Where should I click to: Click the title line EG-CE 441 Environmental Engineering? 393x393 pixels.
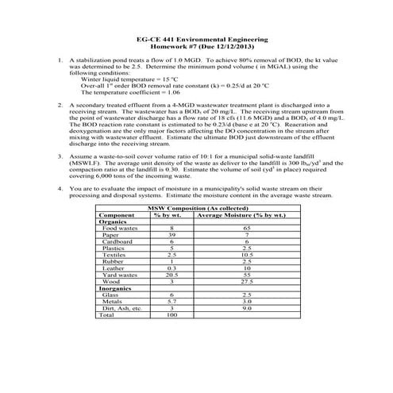[197, 38]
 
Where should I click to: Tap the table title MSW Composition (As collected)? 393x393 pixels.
[197, 208]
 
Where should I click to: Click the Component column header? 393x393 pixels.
[117, 215]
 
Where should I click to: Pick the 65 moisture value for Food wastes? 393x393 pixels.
[247, 229]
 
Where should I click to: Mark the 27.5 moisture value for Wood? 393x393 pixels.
[247, 281]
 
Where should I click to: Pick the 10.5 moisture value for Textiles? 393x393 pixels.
[247, 255]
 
